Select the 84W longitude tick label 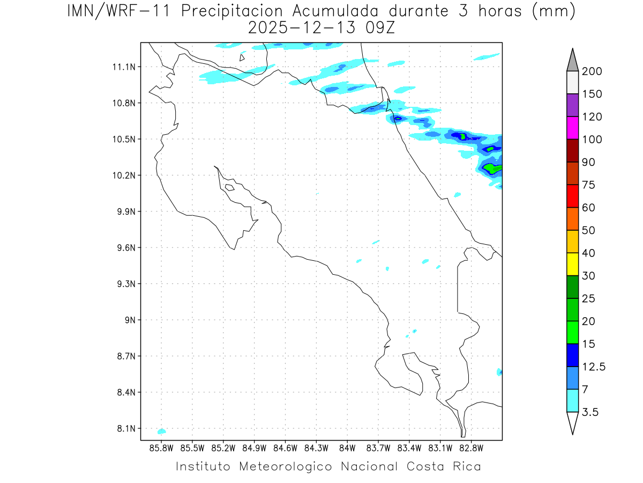(347, 448)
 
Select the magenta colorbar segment (572, 128)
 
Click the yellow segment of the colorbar (572, 264)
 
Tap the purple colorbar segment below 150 (572, 105)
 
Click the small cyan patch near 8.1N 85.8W (161, 431)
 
